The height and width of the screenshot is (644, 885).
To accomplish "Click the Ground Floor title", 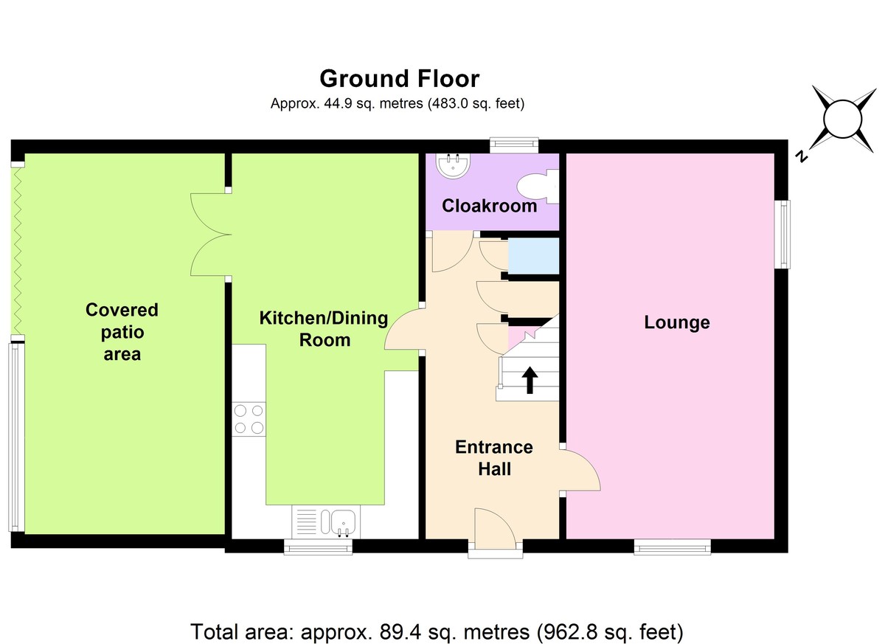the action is click(400, 79).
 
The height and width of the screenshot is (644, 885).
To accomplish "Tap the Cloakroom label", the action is click(489, 206).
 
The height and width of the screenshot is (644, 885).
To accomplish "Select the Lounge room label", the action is click(677, 322).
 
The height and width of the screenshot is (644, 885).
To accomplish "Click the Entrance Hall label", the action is click(494, 458).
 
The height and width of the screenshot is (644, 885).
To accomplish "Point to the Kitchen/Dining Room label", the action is click(324, 329).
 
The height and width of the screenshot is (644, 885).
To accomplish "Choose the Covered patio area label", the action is click(122, 332).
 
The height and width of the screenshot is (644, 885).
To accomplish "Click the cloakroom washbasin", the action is click(454, 166).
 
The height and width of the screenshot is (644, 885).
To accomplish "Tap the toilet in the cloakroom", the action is click(538, 187).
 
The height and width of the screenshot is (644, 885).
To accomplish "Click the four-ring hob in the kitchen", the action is click(249, 419).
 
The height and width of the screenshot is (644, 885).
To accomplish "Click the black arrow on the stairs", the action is click(530, 380).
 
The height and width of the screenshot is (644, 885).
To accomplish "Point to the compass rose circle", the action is click(843, 120).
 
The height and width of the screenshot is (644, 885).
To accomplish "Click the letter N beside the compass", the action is click(801, 157).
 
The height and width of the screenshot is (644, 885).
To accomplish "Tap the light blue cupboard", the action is click(533, 256).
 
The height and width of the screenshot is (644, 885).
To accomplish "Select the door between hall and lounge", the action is click(580, 468).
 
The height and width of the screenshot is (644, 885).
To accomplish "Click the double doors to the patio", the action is click(211, 235).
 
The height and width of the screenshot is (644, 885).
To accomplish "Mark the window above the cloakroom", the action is click(514, 145).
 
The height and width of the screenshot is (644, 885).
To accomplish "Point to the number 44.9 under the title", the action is click(339, 103).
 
